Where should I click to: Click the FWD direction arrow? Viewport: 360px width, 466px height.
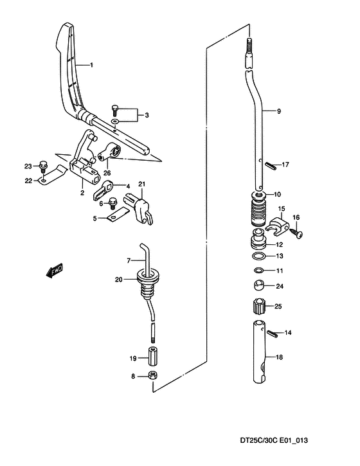pyautogui.click(x=55, y=271)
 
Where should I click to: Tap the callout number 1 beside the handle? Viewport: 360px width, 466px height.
pyautogui.click(x=91, y=65)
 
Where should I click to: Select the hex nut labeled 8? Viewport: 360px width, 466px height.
pyautogui.click(x=152, y=375)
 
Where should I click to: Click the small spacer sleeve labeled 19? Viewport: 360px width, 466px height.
pyautogui.click(x=152, y=355)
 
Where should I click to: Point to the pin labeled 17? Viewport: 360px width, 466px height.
pyautogui.click(x=271, y=165)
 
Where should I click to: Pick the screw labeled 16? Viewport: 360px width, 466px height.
pyautogui.click(x=297, y=233)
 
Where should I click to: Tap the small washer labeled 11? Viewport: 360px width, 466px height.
pyautogui.click(x=258, y=271)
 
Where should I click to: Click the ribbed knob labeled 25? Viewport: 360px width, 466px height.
pyautogui.click(x=258, y=306)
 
